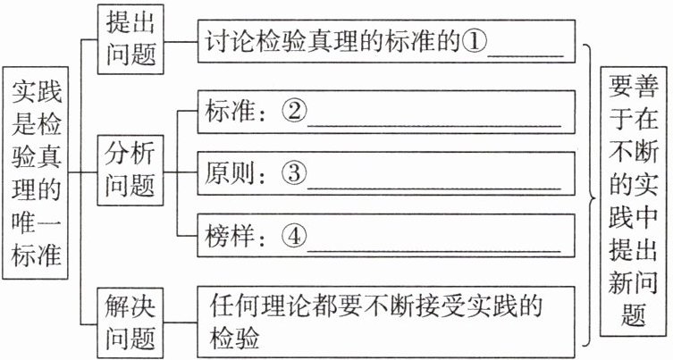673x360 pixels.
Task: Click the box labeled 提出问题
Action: (131, 40)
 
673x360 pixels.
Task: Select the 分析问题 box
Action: (131, 170)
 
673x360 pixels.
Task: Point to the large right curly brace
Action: (588, 193)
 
